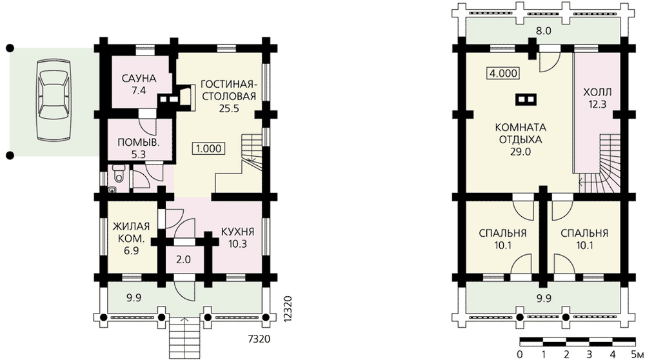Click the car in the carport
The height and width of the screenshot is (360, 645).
pos(53,101)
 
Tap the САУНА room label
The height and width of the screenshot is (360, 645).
pos(139,78)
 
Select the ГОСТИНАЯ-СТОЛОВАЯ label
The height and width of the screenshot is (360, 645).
pos(228,90)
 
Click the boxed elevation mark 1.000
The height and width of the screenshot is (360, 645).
pos(208,148)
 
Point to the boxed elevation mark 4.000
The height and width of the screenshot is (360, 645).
pos(502,74)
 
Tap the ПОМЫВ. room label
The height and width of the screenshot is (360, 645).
pos(138,143)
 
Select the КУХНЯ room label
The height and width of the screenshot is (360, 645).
pos(238,232)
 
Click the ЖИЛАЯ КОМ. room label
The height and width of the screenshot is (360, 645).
pos(131,232)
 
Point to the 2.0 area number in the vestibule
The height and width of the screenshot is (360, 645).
pos(183,259)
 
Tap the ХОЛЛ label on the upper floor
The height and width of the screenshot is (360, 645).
pos(597,92)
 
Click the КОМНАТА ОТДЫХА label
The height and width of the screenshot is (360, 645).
pos(521,133)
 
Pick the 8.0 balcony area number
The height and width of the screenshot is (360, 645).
pos(543,31)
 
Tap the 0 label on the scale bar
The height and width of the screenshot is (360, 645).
pos(520,354)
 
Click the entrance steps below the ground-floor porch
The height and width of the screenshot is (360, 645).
pos(184,337)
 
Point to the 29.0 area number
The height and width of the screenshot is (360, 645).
pos(521,152)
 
